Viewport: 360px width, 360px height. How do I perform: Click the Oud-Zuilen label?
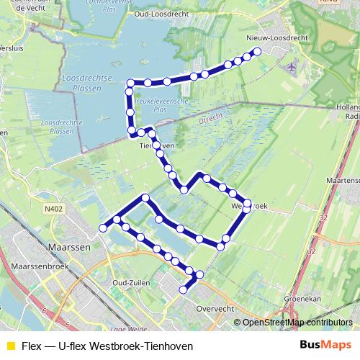click(131, 283)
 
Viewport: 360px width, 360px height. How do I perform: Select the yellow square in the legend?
click(10, 346)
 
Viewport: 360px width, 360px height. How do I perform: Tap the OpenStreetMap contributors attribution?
click(299, 322)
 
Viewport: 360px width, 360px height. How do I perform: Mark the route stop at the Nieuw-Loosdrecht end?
click(257, 51)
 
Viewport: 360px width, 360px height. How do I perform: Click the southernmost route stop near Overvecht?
click(184, 290)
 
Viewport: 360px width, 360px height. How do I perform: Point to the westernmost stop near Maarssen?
click(103, 228)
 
